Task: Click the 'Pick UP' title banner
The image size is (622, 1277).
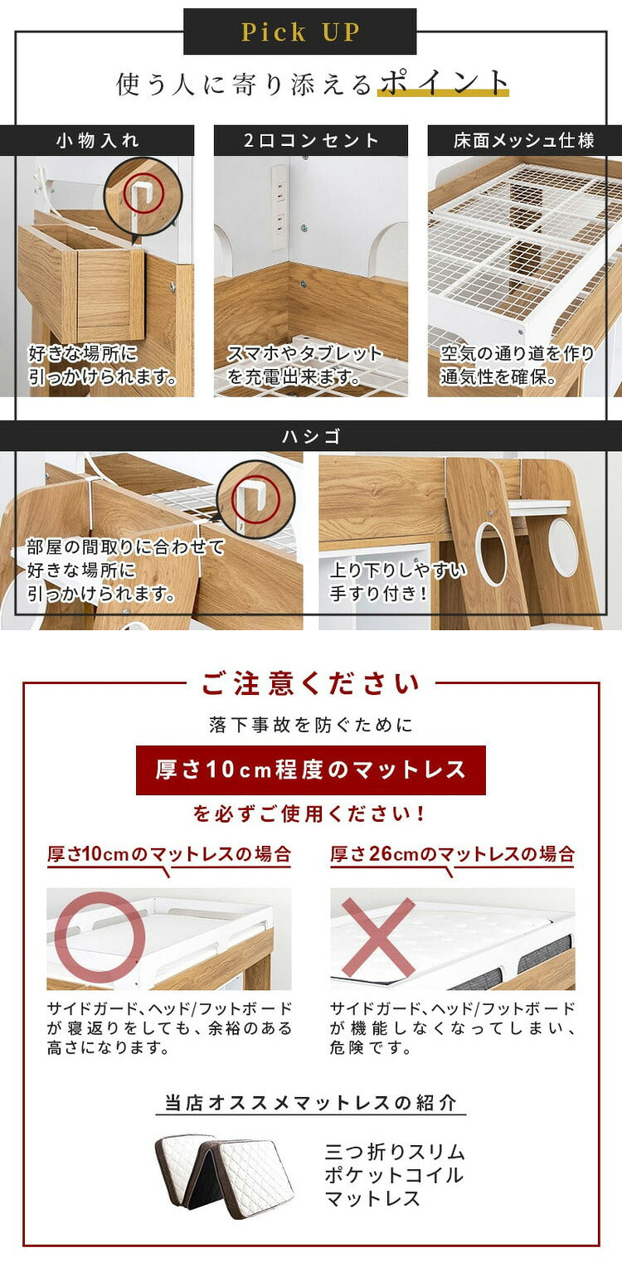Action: (299, 32)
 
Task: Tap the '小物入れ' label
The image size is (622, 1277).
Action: (97, 140)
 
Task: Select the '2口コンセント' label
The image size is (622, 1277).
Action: (311, 140)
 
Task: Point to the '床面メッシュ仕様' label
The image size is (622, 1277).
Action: (524, 140)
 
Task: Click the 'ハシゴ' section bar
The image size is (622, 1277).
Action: (311, 436)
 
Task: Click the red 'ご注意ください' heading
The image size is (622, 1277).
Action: (311, 684)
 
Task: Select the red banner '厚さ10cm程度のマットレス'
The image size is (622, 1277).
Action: (311, 770)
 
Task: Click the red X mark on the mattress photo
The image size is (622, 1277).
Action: (378, 938)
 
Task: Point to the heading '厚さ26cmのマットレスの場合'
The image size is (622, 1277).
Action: (453, 854)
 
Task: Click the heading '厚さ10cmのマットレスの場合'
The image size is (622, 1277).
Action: (169, 854)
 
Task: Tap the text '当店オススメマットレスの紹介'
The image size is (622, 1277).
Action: (310, 1103)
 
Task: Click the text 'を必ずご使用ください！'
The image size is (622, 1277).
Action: (311, 814)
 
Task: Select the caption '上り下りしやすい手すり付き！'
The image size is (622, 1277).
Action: (398, 582)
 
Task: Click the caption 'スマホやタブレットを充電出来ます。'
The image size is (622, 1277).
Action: (305, 366)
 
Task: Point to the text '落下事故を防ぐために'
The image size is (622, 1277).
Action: (311, 726)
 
